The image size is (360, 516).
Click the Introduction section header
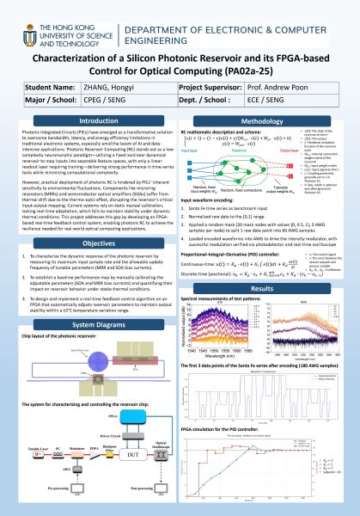point(94,123)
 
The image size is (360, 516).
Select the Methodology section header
point(270,123)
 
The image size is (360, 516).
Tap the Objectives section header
point(94,244)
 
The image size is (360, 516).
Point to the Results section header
point(270,292)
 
